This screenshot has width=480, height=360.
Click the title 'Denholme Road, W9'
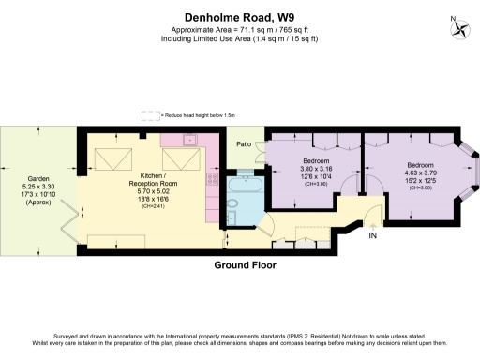coord(239,14)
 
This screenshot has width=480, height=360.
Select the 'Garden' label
coord(37,178)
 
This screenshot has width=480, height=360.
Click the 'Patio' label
coord(243,144)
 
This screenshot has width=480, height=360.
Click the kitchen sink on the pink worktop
coord(190,141)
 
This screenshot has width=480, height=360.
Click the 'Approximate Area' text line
coord(239,29)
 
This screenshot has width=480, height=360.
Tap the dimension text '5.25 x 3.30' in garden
coord(37,187)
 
